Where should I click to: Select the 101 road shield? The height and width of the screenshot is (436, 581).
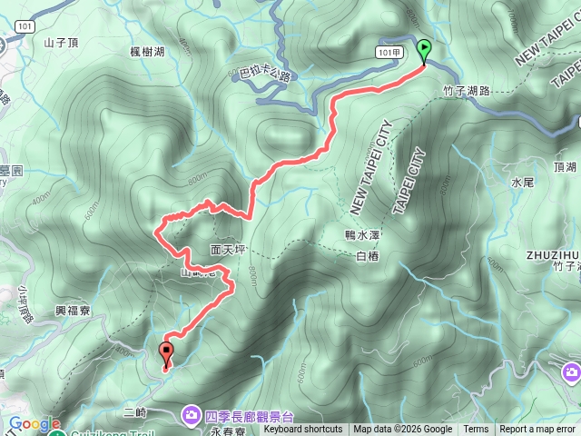coord(25,26)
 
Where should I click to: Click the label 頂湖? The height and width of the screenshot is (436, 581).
coord(564,168)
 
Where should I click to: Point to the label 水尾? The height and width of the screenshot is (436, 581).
coord(522,183)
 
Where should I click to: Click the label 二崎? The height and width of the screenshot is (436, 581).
coord(135,412)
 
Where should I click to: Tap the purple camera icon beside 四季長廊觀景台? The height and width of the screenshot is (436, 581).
coord(192,415)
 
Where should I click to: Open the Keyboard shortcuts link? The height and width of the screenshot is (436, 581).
coord(303,430)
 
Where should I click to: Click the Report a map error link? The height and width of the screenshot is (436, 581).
coord(538,430)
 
